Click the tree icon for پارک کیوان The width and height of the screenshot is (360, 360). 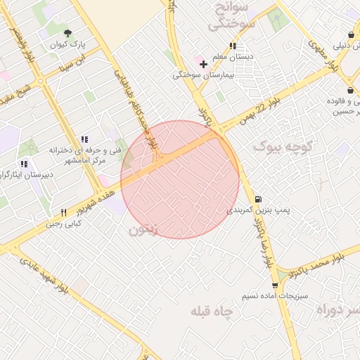(67, 33)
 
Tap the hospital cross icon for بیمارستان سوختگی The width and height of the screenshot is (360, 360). (203, 65)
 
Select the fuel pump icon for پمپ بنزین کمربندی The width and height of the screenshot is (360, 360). (259, 199)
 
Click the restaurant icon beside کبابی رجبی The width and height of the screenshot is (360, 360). (63, 212)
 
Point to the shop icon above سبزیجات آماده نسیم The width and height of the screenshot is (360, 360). (274, 285)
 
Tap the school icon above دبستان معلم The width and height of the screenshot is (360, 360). (232, 46)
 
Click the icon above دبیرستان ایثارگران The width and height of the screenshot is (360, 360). (24, 164)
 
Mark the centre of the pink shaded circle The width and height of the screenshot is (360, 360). (180, 179)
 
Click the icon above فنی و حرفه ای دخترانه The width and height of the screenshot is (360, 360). (84, 139)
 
